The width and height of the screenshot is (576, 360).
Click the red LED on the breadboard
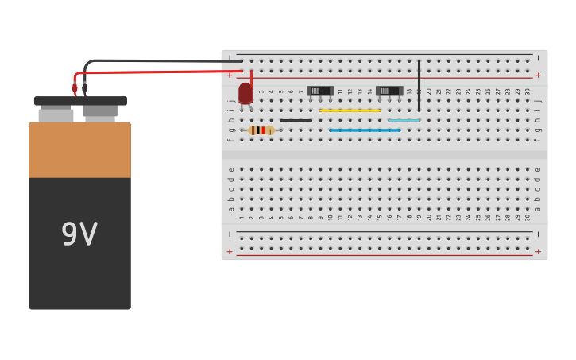coord(245,94)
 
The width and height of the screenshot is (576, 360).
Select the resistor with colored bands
coord(261,130)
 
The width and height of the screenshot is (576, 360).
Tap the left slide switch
coord(320,91)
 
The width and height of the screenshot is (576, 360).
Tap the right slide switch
coord(389,91)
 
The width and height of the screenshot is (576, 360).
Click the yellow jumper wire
coord(350,110)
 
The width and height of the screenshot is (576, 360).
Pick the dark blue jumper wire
coord(365,130)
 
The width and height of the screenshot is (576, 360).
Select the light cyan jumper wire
coord(404,120)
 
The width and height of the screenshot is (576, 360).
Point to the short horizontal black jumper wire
coord(296,120)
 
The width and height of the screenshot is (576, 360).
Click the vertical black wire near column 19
coord(419,85)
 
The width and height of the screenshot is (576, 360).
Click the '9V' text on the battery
coord(79,234)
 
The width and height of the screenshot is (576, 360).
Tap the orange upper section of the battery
coord(79,149)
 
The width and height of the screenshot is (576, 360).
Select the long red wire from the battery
coord(159,72)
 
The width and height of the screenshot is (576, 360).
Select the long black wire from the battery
coord(159,60)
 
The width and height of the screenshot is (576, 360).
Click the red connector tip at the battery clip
coord(75,89)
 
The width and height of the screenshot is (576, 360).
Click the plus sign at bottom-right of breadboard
coord(538,251)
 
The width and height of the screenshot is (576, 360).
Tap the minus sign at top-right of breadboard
coord(538,57)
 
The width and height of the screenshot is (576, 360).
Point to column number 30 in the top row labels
coord(528,91)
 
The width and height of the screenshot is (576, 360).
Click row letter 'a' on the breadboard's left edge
coord(231,209)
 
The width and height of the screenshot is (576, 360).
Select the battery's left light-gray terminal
coord(56,114)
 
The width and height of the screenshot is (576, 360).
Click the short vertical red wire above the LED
coord(252,77)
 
